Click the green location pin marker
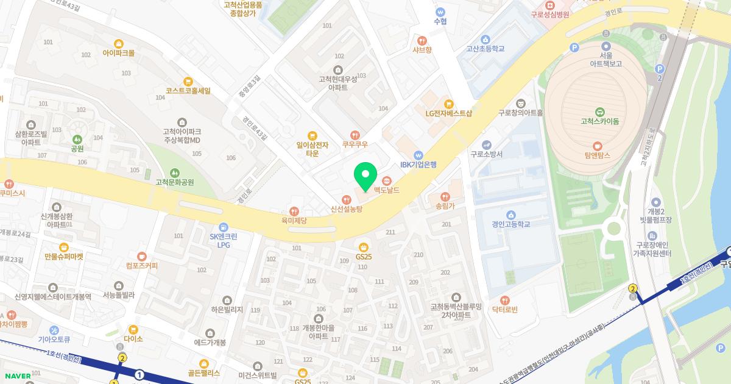point(365,177)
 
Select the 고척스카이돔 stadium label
point(600,121)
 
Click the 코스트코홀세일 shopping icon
point(188,80)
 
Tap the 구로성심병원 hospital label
point(549,15)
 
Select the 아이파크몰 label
point(119,53)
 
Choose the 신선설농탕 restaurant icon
point(347,199)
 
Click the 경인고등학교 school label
point(510,224)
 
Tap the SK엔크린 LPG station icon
point(224,226)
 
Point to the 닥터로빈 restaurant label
point(504,310)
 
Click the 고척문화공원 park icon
point(175,172)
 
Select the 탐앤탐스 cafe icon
point(597,146)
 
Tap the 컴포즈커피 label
point(141,266)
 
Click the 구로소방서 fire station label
point(486,154)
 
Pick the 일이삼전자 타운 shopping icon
point(313,136)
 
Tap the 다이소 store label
point(133,339)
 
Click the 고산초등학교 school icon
point(486,39)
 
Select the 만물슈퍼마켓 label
point(63,257)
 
